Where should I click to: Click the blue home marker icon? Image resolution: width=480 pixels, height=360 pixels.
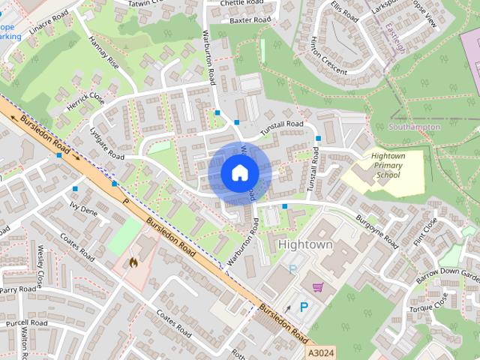(x=238, y=172)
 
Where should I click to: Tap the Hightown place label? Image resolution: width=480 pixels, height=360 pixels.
(x=304, y=245)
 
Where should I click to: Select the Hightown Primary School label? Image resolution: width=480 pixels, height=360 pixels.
(x=387, y=166)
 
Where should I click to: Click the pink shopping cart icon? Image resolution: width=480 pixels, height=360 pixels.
(x=318, y=286)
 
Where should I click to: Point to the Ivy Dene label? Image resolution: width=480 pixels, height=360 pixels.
(x=83, y=207)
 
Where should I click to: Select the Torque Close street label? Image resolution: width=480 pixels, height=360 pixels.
(x=428, y=302)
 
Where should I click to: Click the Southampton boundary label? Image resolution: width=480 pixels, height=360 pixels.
(x=414, y=127)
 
